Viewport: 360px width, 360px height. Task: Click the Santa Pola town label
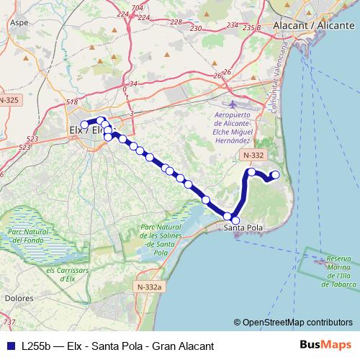[x=243, y=228]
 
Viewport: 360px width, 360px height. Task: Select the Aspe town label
[x=18, y=23]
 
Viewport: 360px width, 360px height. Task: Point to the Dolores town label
[x=18, y=297]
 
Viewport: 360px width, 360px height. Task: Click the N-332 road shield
[x=252, y=156]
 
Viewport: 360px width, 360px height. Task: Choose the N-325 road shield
[x=9, y=100]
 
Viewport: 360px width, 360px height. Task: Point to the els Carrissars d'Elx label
[x=68, y=274]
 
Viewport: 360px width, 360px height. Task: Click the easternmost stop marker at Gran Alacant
[x=274, y=174]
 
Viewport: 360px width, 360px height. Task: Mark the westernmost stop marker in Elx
[x=84, y=125]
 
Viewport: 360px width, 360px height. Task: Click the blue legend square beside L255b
[x=11, y=345]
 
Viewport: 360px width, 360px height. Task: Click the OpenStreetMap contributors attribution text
[x=293, y=323]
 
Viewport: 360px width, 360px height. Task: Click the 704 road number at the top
[x=138, y=8]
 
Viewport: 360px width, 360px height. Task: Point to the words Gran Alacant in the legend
[x=174, y=345]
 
